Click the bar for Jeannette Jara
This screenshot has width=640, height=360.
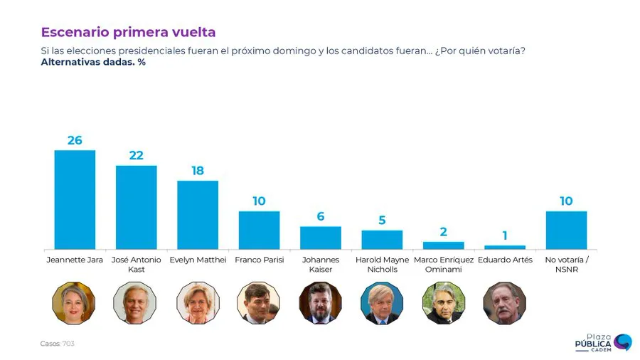(75, 199)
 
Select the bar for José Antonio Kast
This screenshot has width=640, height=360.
(136, 207)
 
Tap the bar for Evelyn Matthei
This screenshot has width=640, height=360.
(198, 215)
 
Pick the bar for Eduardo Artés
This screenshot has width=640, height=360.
(505, 247)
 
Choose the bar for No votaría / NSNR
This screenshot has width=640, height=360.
(566, 230)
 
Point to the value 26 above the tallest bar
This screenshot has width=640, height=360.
(75, 140)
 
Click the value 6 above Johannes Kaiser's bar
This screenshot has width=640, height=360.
(321, 216)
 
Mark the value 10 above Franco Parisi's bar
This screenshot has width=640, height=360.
(259, 201)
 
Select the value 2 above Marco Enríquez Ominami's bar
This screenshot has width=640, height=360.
(443, 232)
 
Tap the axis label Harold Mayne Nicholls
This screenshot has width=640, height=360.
(382, 265)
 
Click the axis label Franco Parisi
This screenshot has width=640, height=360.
(259, 260)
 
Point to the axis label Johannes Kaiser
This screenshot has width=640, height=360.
(321, 265)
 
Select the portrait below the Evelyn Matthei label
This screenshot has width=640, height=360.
(197, 303)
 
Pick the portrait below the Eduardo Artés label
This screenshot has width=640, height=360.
(504, 303)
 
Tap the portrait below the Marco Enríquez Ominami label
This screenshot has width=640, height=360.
(443, 303)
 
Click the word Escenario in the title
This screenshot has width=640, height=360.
(70, 32)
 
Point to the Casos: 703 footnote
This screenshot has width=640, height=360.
(57, 344)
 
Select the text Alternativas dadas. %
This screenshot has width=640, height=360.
(93, 62)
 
